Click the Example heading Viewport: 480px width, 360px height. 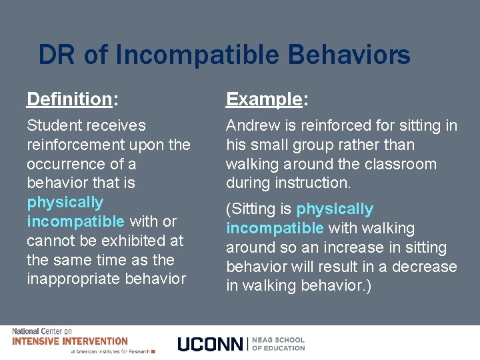pyautogui.click(x=264, y=100)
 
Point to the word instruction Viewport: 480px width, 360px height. pyautogui.click(x=313, y=183)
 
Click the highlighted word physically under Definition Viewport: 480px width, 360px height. pyautogui.click(x=65, y=203)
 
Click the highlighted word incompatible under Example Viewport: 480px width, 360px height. pyautogui.click(x=275, y=228)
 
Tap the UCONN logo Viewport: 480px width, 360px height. pyautogui.click(x=211, y=344)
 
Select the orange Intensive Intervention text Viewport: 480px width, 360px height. pyautogui.click(x=69, y=341)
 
